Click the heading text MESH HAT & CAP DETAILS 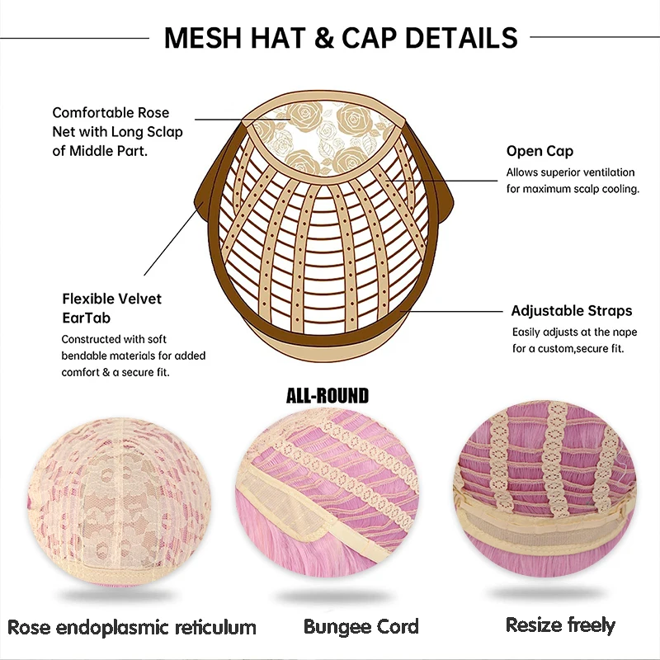pos(341,38)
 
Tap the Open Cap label pos(540,151)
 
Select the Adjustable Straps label pos(571,311)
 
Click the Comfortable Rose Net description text pos(117,132)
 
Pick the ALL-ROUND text pos(327,396)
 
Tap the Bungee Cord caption pos(361,627)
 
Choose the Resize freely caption pos(560,625)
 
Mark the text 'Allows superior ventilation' pos(570,172)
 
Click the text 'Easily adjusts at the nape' pos(573,332)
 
